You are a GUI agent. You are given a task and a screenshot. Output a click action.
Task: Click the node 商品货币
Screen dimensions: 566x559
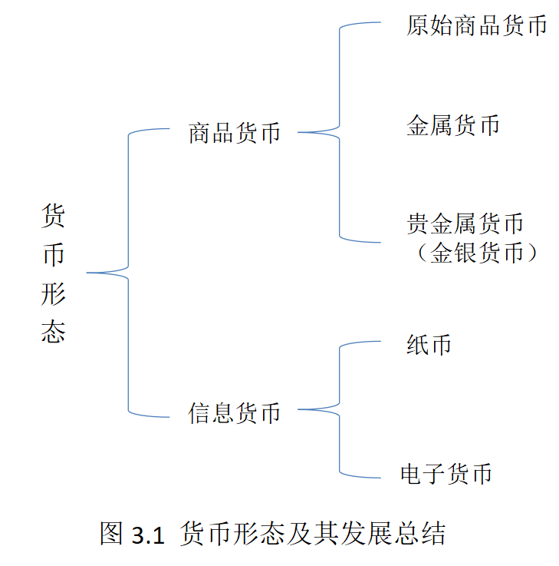(x=235, y=133)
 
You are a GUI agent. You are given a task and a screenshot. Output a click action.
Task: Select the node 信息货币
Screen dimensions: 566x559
(x=235, y=412)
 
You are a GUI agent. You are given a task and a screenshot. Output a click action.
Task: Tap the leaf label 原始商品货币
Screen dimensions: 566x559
(x=476, y=26)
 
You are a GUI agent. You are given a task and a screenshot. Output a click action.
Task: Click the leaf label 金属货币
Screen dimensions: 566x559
(x=452, y=125)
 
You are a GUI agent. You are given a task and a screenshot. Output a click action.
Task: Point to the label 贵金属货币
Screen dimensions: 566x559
(x=465, y=223)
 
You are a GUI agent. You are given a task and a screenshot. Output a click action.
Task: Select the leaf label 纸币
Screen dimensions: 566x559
(x=429, y=345)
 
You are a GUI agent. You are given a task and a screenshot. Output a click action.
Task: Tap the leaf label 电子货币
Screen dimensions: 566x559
(x=446, y=473)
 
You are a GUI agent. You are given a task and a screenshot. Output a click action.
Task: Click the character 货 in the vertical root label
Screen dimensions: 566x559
(x=53, y=216)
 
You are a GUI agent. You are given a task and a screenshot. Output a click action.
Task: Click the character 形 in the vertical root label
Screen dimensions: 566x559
(x=53, y=295)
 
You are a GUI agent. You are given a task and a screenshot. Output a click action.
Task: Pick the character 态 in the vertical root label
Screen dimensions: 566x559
(x=53, y=332)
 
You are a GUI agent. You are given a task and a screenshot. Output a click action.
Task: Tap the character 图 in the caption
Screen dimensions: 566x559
(x=112, y=535)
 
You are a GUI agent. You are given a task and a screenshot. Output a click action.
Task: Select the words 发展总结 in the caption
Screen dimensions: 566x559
(x=399, y=535)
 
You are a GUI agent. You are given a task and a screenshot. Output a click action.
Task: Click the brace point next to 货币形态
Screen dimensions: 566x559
(x=88, y=273)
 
